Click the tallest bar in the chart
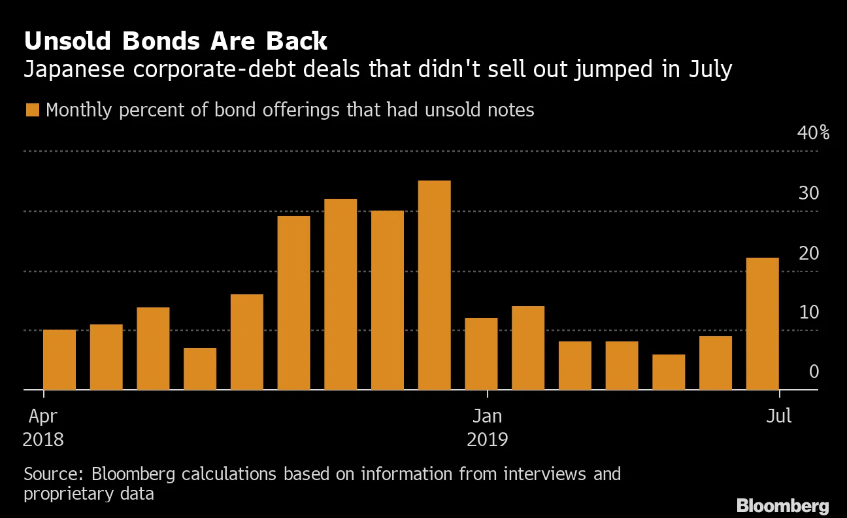(434, 285)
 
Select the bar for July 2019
(762, 324)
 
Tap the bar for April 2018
(59, 360)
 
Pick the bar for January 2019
(481, 354)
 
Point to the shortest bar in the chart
(669, 372)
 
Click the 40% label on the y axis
(813, 133)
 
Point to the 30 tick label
(808, 194)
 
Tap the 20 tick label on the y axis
(808, 253)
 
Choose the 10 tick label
(808, 312)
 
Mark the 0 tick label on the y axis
(814, 371)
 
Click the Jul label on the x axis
(779, 416)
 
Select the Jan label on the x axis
(487, 416)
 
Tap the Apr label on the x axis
(43, 416)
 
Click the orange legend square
(32, 110)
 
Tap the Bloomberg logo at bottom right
(782, 506)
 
